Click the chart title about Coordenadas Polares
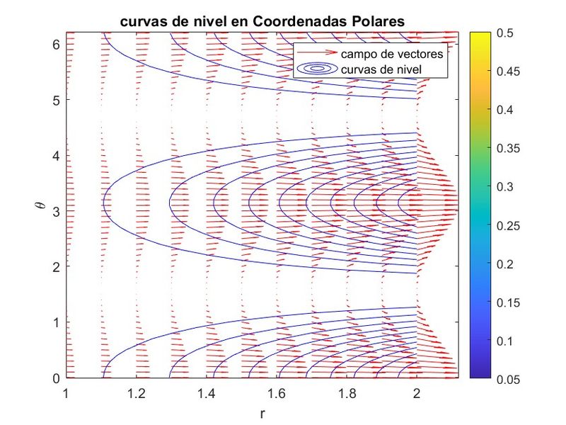click(x=263, y=22)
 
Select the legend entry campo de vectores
click(x=393, y=54)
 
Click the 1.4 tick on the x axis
click(x=207, y=392)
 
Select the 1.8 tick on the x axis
click(x=347, y=392)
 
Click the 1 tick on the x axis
click(x=67, y=392)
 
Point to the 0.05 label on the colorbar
click(x=509, y=379)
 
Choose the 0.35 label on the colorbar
click(x=509, y=149)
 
